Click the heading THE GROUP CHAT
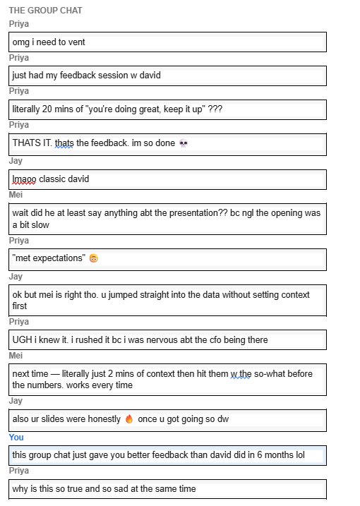[x=45, y=11]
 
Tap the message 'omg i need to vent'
[x=49, y=42]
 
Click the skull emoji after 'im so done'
[x=184, y=144]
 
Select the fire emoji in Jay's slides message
[x=129, y=419]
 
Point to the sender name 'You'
[x=16, y=438]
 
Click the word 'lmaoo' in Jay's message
[x=25, y=179]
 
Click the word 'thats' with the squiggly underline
[x=64, y=144]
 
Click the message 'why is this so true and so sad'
[x=104, y=488]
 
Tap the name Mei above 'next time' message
[x=16, y=356]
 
